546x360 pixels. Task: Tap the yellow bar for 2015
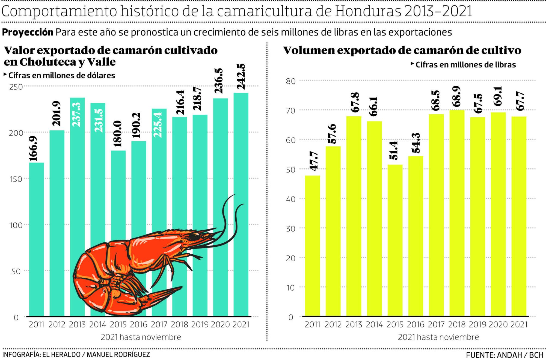(395, 240)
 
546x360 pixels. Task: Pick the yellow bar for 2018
(457, 213)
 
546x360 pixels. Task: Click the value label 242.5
(241, 77)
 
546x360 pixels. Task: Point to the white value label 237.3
(77, 115)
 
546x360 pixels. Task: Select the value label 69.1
(498, 96)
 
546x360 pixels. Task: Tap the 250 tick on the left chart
(16, 87)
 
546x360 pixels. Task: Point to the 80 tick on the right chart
(291, 81)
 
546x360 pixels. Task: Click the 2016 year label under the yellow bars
(416, 325)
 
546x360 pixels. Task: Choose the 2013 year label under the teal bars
(77, 325)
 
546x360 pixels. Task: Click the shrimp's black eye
(194, 237)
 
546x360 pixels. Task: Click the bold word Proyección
(28, 32)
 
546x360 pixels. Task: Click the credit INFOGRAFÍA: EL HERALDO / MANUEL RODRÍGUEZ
(76, 355)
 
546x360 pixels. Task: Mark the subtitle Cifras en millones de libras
(465, 65)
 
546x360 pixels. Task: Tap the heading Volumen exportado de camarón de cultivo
(402, 50)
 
